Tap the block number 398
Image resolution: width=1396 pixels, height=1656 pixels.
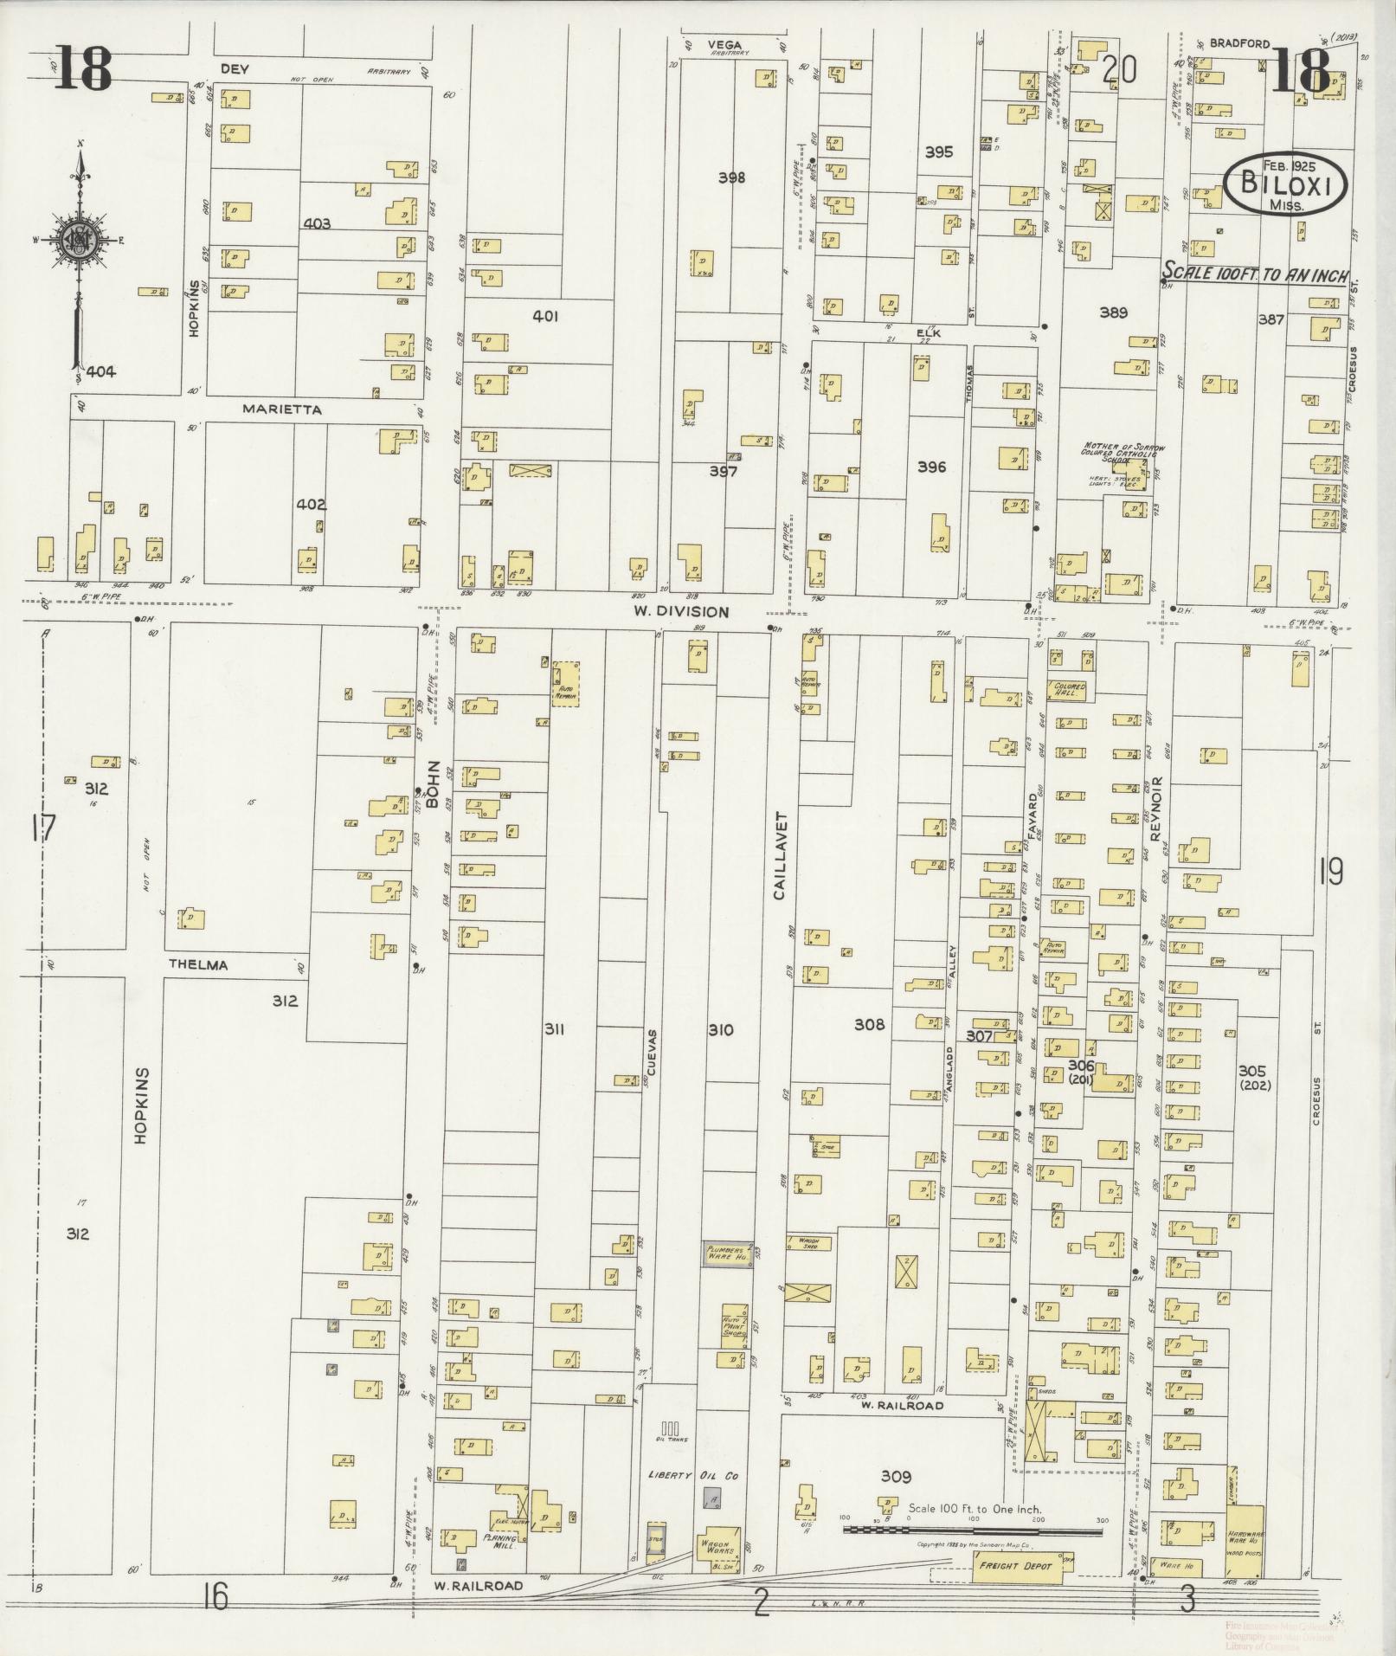(731, 177)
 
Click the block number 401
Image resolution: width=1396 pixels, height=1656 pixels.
(545, 317)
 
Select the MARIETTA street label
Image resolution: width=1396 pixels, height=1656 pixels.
(281, 409)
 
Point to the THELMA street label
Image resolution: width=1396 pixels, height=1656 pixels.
(197, 964)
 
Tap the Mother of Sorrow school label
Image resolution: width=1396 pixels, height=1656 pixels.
(1122, 453)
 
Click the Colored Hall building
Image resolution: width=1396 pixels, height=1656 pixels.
(1069, 690)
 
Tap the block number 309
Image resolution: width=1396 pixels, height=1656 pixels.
(897, 1476)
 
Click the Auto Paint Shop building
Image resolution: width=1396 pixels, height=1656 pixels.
(734, 1326)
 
